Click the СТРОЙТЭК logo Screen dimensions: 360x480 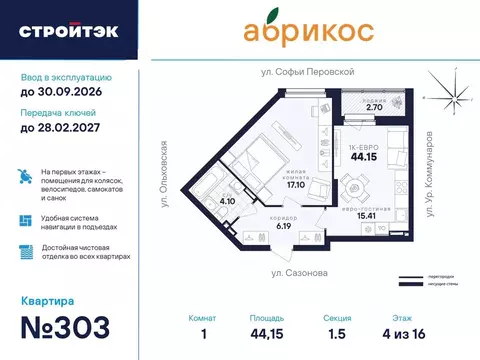point(68,30)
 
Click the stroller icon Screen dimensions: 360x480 point(25,176)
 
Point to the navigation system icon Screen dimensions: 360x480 point(25,221)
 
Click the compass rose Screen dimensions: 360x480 point(450,98)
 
